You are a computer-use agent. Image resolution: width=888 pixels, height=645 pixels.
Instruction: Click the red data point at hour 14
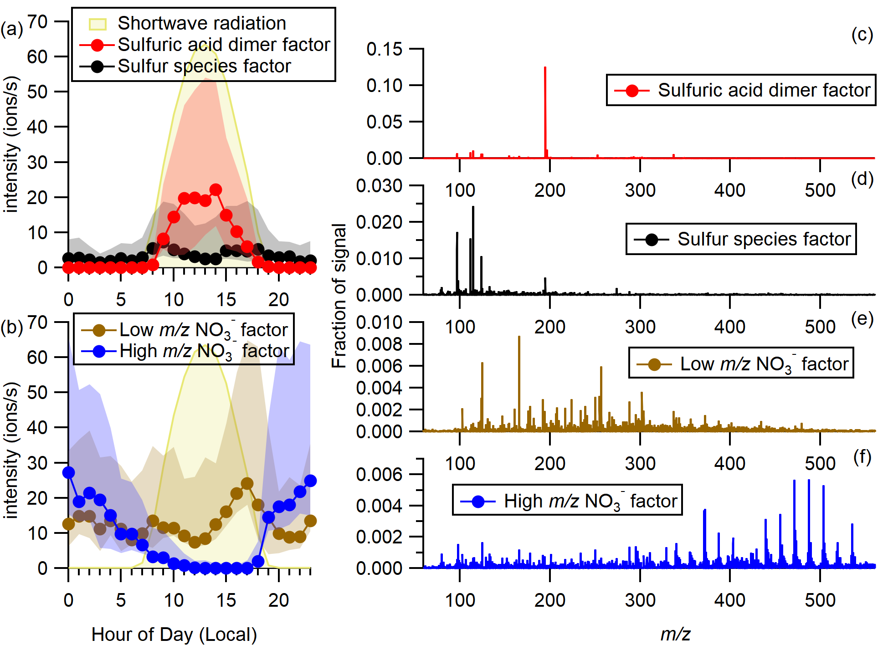pyautogui.click(x=216, y=190)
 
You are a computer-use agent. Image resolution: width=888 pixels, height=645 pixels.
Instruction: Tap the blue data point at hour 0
pyautogui.click(x=68, y=472)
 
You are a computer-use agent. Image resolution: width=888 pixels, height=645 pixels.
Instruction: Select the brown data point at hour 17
pyautogui.click(x=247, y=483)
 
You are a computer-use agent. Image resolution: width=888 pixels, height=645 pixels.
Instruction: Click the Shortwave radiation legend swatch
pyautogui.click(x=98, y=24)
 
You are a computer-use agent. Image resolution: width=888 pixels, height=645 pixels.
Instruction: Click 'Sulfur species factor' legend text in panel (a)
pyautogui.click(x=204, y=67)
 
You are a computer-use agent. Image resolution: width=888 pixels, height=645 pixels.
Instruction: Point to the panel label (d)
pyautogui.click(x=862, y=179)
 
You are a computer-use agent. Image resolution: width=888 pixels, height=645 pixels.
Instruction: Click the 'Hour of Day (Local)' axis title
pyautogui.click(x=174, y=634)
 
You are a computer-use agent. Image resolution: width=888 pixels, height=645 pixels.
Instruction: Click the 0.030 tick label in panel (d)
pyautogui.click(x=379, y=186)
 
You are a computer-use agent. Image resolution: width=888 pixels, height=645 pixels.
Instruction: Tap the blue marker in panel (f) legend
pyautogui.click(x=478, y=502)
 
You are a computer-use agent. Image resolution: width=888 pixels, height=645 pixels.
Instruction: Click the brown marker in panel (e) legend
pyautogui.click(x=654, y=364)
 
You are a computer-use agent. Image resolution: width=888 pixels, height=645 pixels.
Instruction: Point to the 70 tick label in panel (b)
pyautogui.click(x=38, y=322)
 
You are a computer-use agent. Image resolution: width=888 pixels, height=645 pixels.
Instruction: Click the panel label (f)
pyautogui.click(x=862, y=457)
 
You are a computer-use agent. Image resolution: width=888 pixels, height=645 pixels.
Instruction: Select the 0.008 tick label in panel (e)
pyautogui.click(x=379, y=344)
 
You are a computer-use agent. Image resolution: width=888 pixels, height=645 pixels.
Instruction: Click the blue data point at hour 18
pyautogui.click(x=258, y=561)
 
